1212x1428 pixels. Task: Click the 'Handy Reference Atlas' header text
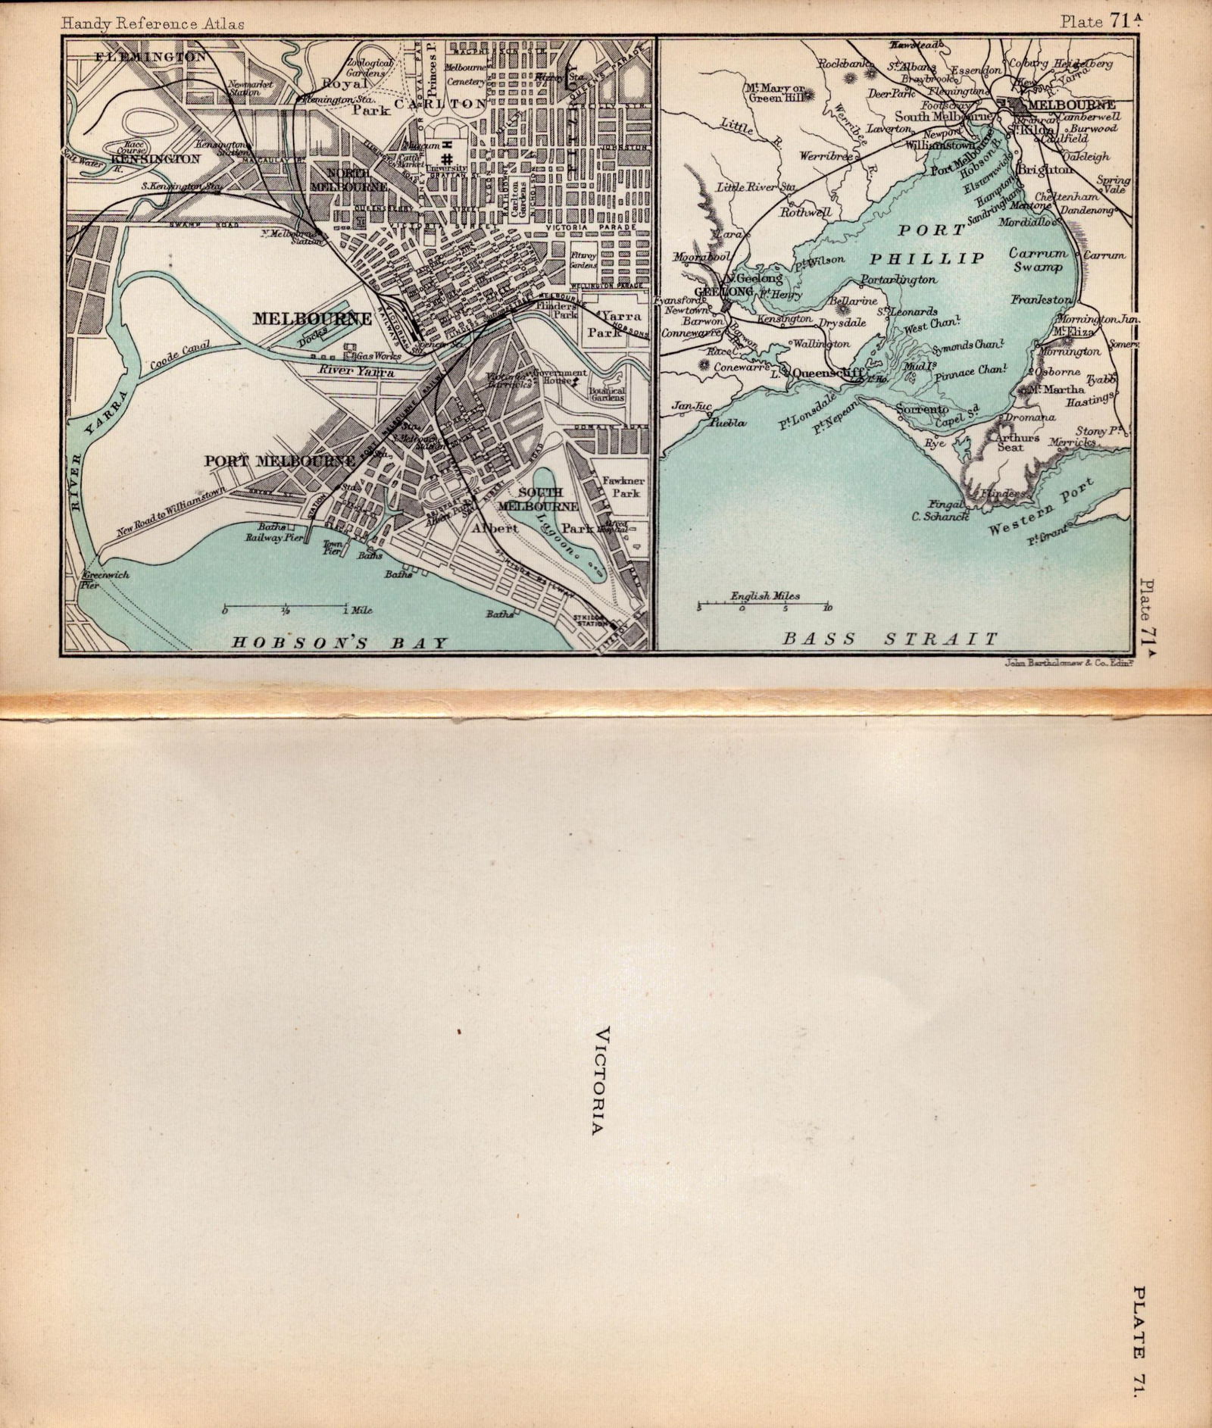pyautogui.click(x=153, y=23)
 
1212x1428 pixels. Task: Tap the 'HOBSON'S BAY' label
pyautogui.click(x=339, y=642)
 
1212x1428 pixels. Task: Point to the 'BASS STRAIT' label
pyautogui.click(x=890, y=639)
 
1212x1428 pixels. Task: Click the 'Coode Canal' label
pyautogui.click(x=179, y=356)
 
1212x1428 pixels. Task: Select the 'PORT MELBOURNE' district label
pyautogui.click(x=280, y=461)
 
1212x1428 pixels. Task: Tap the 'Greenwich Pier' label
pyautogui.click(x=107, y=579)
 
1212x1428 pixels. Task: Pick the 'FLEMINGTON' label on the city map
pyautogui.click(x=151, y=57)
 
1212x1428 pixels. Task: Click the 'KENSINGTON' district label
pyautogui.click(x=155, y=159)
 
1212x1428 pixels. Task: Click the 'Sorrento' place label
pyautogui.click(x=922, y=409)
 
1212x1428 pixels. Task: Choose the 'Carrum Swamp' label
pyautogui.click(x=1038, y=260)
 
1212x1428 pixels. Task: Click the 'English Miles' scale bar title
pyautogui.click(x=764, y=596)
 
